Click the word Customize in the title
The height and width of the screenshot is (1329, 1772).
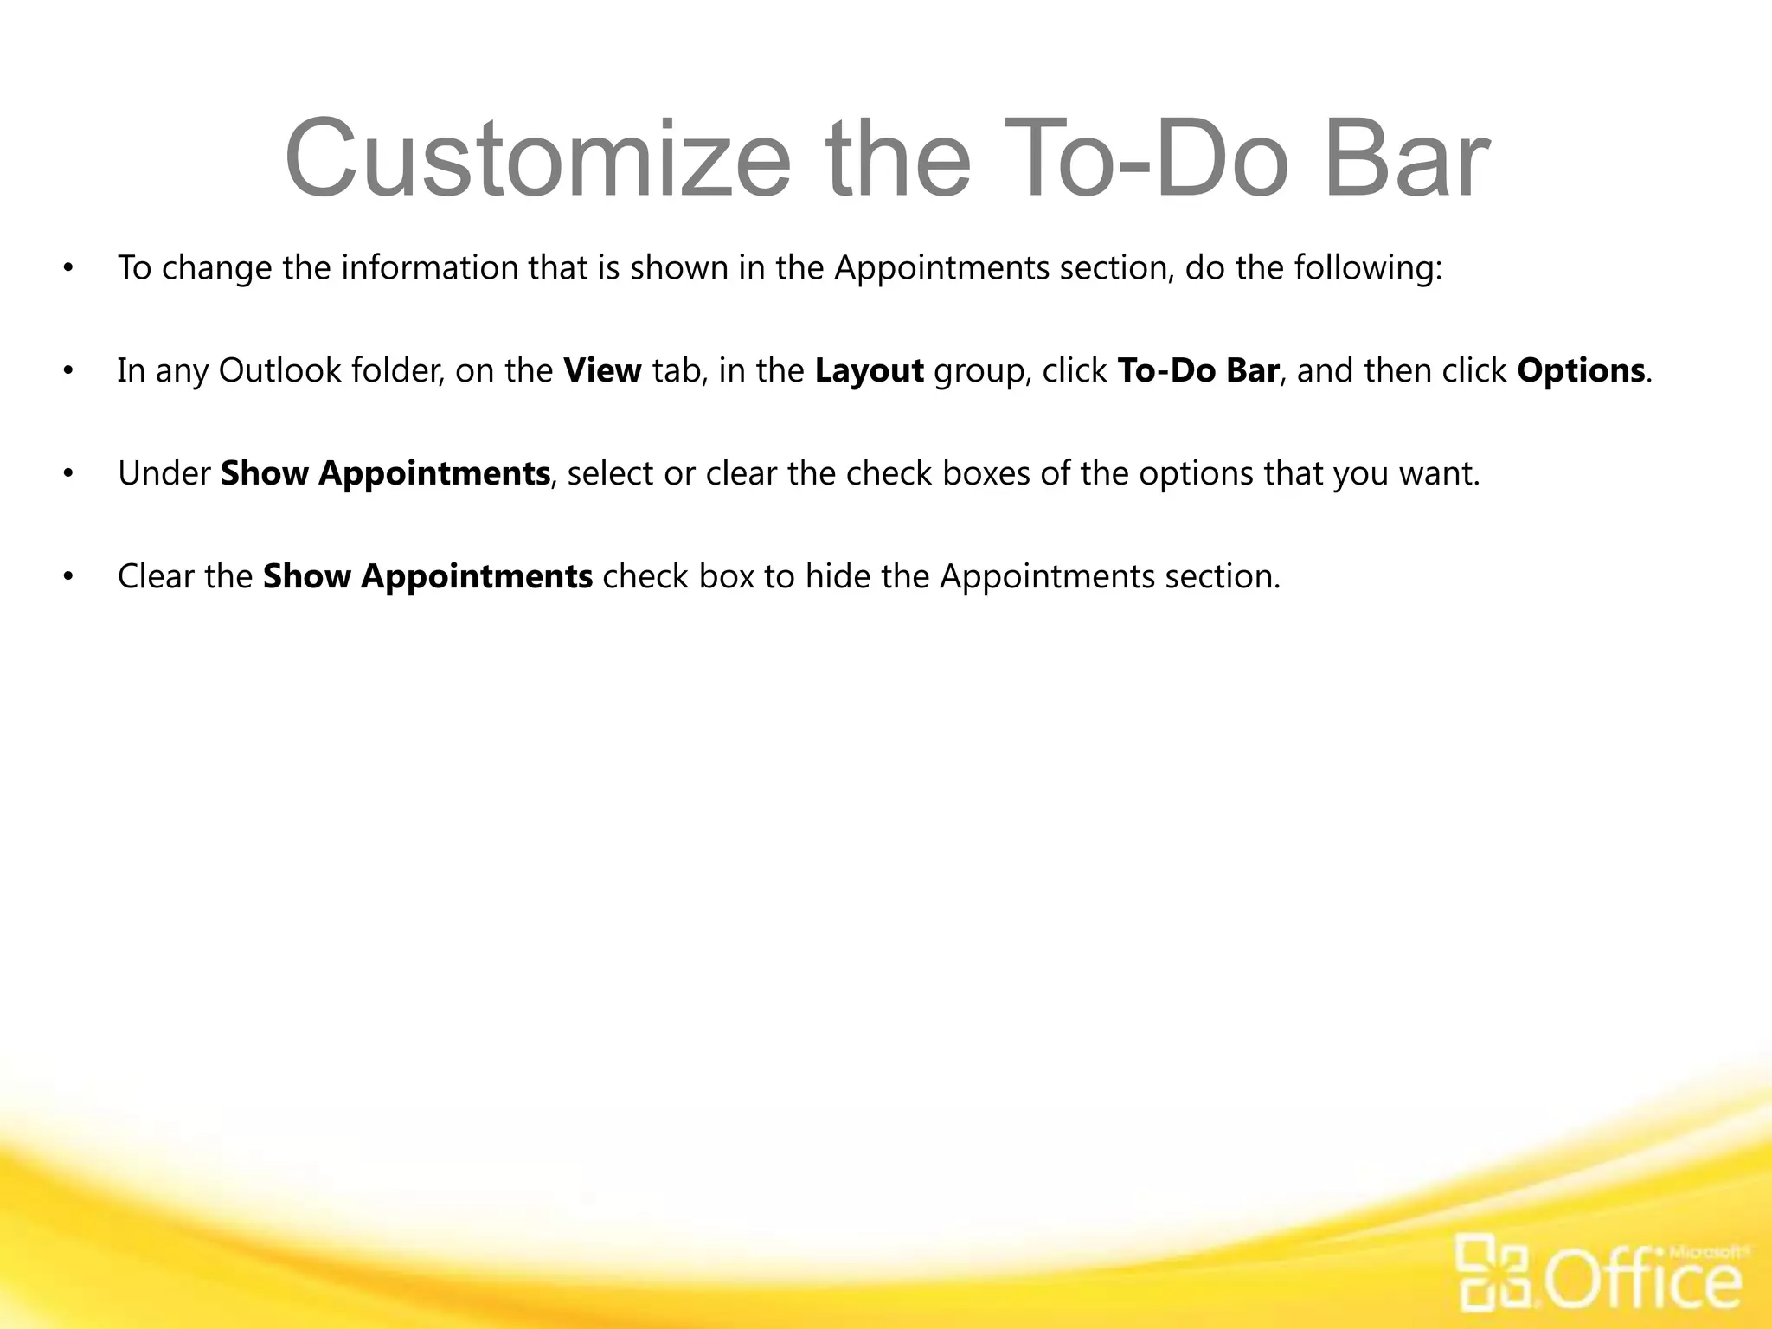(x=536, y=160)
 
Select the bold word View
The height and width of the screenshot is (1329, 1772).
(x=602, y=371)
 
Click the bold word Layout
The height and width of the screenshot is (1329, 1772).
(x=869, y=371)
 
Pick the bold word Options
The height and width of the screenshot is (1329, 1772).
(x=1581, y=371)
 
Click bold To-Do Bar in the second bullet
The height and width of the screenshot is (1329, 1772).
(x=1198, y=371)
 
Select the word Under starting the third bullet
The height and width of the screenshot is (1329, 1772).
(x=164, y=474)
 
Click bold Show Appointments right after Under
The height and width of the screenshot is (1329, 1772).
(x=385, y=474)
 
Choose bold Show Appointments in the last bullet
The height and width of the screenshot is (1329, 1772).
(x=427, y=577)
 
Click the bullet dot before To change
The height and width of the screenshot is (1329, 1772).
(x=68, y=268)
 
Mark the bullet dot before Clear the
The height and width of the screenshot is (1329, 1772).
(x=68, y=577)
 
